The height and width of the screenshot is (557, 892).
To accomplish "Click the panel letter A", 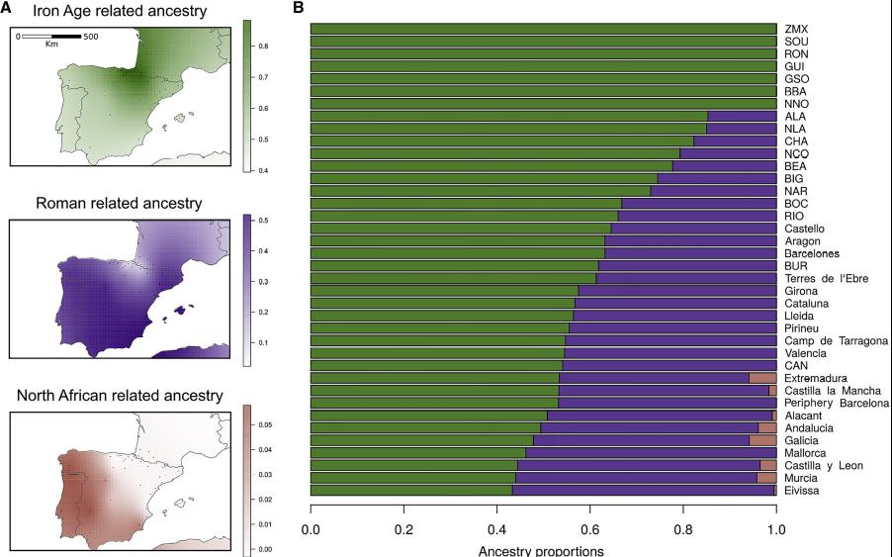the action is (6, 9).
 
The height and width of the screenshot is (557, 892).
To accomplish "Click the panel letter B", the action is (298, 7).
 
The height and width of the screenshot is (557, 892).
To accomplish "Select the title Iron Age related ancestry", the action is (120, 12).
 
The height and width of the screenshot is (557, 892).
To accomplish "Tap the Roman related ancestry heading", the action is (119, 204).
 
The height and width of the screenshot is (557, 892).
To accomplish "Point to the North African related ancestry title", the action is (120, 396).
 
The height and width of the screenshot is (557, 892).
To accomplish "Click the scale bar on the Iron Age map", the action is (51, 37).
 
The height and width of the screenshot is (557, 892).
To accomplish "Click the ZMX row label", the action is (796, 29).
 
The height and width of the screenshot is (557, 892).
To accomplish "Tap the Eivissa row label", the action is (802, 491).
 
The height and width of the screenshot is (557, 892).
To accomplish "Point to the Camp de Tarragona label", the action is (836, 340).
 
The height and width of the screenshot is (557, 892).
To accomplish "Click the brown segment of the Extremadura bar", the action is (762, 378).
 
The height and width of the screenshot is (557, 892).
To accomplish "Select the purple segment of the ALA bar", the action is (742, 116).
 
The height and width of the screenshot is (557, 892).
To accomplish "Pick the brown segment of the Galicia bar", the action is (762, 440).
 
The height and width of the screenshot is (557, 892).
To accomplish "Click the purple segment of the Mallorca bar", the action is (651, 453).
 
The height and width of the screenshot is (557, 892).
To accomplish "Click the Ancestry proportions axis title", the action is (541, 551).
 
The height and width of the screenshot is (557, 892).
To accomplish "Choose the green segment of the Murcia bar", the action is (413, 478).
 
